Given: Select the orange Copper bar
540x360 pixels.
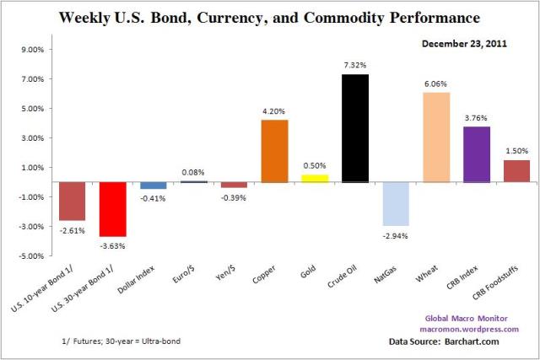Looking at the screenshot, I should tap(274, 151).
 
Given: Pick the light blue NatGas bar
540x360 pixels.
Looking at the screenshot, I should tap(396, 203).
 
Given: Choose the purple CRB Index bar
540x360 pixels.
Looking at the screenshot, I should tap(477, 153).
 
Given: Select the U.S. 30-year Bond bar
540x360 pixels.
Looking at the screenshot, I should tap(113, 209).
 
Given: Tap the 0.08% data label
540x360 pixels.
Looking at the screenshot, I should tap(194, 172).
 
